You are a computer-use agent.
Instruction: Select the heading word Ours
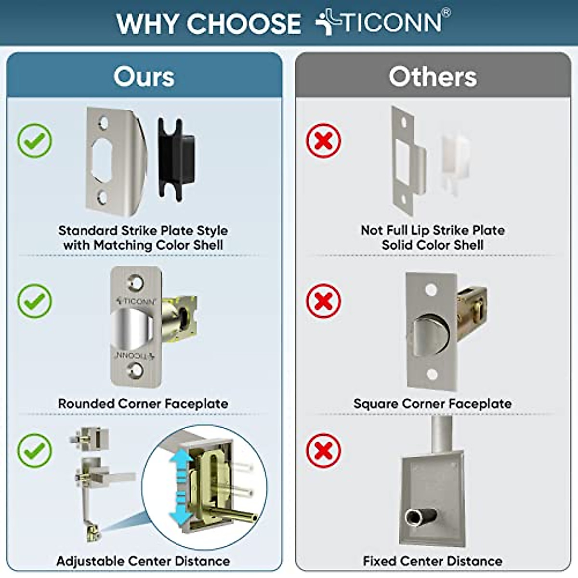(144, 77)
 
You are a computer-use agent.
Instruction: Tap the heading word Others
(433, 77)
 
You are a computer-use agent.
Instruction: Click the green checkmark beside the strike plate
(35, 141)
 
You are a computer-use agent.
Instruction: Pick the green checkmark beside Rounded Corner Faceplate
(35, 301)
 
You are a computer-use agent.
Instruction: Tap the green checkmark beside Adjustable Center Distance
(35, 450)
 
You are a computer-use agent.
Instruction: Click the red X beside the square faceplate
(324, 301)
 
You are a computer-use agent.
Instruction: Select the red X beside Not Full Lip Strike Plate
(324, 141)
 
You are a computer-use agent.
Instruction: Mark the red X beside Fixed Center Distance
(324, 450)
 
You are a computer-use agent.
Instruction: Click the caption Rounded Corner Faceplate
(143, 404)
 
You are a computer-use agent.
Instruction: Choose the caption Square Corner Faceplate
(433, 404)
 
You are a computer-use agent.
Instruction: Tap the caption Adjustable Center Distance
(143, 561)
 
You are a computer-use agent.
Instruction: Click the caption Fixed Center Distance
(433, 561)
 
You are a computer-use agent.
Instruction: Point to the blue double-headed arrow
(181, 486)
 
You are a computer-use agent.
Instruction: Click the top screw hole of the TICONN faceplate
(135, 282)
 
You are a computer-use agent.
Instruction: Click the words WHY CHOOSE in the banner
(209, 24)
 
